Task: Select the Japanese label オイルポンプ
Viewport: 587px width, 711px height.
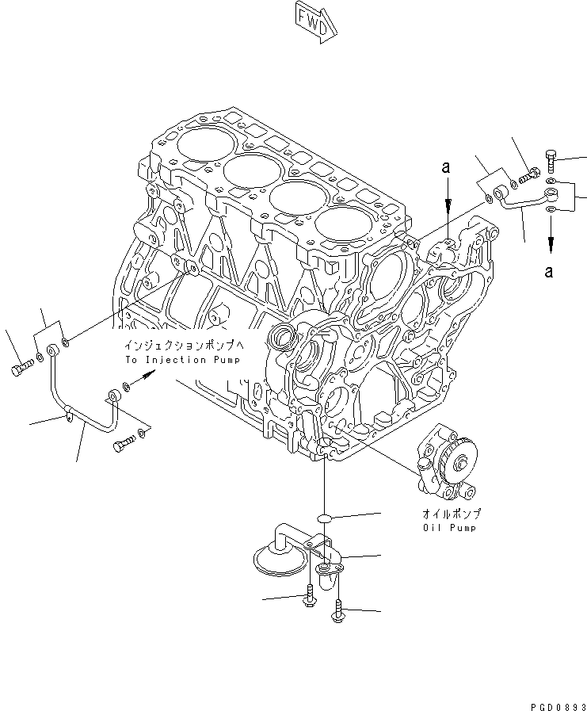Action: pyautogui.click(x=451, y=514)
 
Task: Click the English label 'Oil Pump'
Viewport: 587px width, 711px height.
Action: pyautogui.click(x=451, y=527)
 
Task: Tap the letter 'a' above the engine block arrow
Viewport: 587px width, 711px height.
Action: pyautogui.click(x=447, y=168)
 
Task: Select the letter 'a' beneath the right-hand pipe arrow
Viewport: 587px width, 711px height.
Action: pyautogui.click(x=548, y=272)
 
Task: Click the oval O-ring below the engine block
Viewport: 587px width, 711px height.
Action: pyautogui.click(x=324, y=518)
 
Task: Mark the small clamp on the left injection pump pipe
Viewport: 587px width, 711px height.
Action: pyautogui.click(x=71, y=412)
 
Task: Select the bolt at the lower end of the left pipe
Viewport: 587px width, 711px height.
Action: pyautogui.click(x=123, y=446)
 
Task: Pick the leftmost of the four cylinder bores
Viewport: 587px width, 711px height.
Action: pyautogui.click(x=204, y=142)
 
